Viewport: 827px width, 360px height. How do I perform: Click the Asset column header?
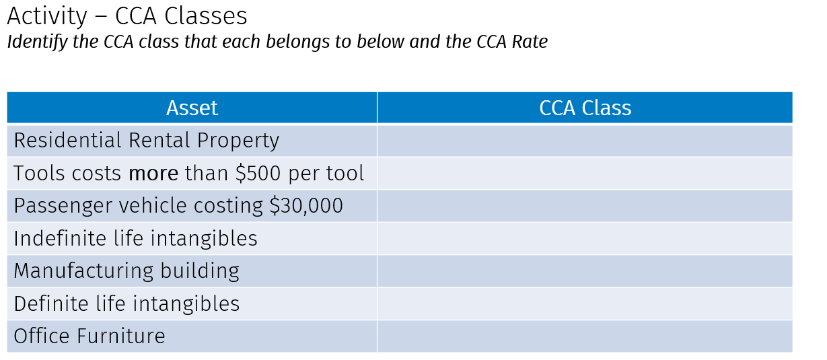click(x=192, y=108)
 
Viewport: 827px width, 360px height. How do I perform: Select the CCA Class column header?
click(x=585, y=108)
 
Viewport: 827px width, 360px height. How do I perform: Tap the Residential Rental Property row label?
click(x=146, y=141)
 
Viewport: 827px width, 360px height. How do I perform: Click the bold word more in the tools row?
click(x=153, y=174)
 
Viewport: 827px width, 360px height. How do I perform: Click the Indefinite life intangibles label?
click(x=135, y=239)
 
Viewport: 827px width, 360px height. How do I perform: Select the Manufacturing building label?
click(x=127, y=271)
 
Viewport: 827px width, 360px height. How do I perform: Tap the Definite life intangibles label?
click(x=127, y=303)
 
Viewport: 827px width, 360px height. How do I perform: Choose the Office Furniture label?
click(x=89, y=336)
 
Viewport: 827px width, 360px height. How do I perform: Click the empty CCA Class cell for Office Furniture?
click(x=584, y=336)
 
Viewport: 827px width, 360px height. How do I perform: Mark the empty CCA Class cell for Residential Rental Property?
click(x=584, y=141)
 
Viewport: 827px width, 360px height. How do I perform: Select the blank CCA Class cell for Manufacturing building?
click(x=584, y=271)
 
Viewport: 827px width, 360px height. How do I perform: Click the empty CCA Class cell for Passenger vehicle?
click(x=584, y=206)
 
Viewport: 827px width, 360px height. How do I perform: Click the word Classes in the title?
click(x=207, y=16)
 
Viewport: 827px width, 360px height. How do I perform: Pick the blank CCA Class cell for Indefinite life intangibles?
click(x=584, y=239)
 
